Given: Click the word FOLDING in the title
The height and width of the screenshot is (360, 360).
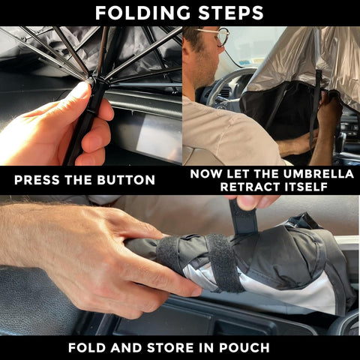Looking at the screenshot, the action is click(142, 13).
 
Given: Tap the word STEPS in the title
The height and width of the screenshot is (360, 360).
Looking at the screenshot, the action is click(231, 13).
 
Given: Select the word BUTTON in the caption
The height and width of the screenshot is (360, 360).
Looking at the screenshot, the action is click(126, 180).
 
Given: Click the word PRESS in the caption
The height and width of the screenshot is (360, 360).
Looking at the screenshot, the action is click(37, 180).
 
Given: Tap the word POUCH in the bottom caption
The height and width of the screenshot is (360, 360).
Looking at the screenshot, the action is click(244, 348).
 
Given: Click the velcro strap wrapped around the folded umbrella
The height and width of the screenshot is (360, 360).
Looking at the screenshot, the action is click(223, 262).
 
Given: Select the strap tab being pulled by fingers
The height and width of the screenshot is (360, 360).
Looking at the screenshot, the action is click(244, 217).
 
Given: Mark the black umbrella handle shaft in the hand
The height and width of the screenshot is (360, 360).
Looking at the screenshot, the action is click(85, 120).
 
